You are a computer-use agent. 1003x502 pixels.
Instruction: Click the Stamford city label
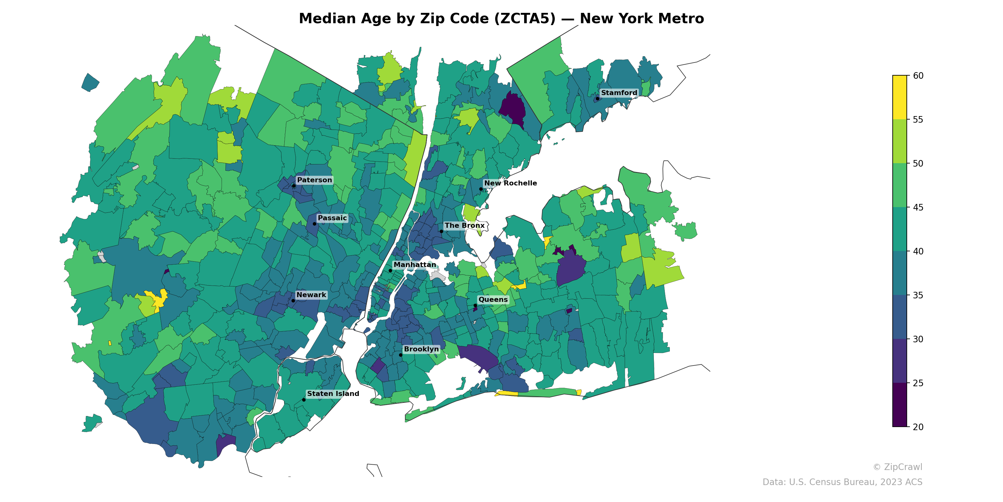click(x=619, y=93)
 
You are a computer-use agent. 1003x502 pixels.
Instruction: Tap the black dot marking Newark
click(x=293, y=301)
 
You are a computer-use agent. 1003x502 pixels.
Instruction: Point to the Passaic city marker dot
click(x=314, y=224)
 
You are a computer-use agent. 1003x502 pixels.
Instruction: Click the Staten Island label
click(x=333, y=394)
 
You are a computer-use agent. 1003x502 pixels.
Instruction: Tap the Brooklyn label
click(x=421, y=349)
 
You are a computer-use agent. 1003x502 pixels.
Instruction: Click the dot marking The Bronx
click(x=441, y=232)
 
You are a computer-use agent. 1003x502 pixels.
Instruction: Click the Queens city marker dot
click(x=475, y=305)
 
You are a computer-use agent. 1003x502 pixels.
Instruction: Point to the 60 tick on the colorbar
click(x=918, y=76)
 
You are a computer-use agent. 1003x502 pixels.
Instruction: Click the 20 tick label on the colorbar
click(x=918, y=427)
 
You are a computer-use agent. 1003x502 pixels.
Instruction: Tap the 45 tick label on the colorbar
click(x=918, y=207)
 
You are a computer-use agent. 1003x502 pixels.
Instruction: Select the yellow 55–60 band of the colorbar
click(x=900, y=98)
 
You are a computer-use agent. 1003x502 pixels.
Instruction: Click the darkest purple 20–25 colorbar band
click(x=900, y=404)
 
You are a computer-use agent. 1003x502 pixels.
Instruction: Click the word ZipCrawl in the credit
click(x=903, y=467)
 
